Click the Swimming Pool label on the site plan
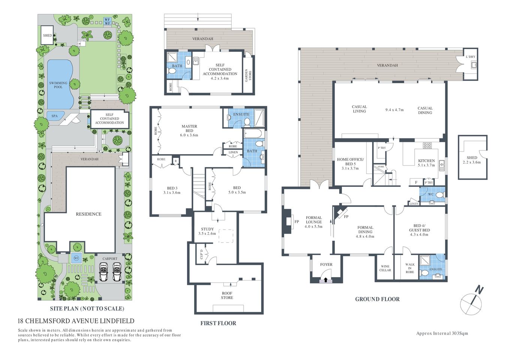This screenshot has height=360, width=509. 58,85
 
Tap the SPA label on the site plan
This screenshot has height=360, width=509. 54,116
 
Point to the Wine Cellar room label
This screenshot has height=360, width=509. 385,268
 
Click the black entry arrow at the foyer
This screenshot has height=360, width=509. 325,280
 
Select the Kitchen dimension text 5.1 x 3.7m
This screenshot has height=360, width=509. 427,165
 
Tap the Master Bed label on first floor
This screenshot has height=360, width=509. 189,129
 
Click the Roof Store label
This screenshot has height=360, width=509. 227,295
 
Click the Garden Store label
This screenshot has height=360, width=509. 248,75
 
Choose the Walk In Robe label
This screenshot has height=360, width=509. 410,268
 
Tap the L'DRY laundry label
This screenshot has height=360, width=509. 470,57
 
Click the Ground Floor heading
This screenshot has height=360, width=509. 377,299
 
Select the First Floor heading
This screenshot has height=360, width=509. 218,323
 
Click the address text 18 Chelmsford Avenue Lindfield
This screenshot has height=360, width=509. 76,321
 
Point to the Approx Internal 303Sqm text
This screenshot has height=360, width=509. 442,333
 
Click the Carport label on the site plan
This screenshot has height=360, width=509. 110,259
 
